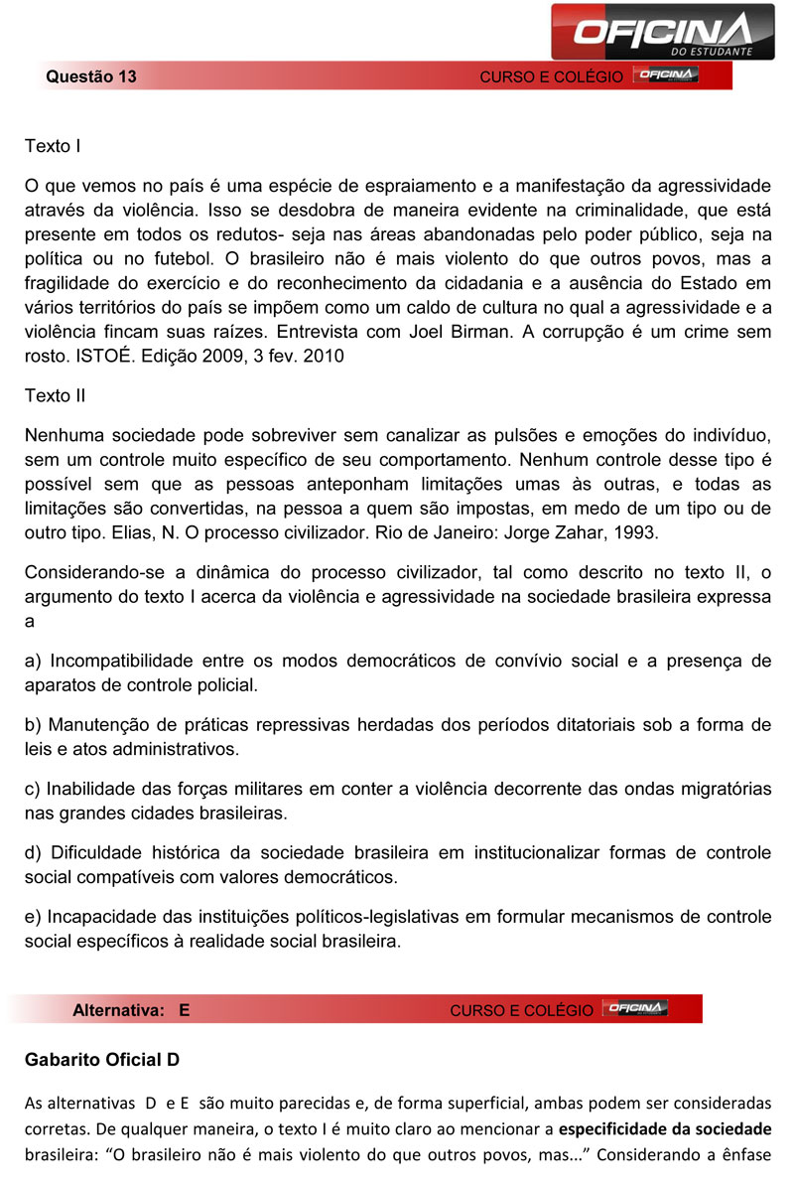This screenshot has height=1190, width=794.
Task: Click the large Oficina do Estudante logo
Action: point(662,31)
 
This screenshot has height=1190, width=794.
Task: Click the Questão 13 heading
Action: point(90,76)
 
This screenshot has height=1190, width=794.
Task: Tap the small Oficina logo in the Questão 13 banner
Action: point(667,75)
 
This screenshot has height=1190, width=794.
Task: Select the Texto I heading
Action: point(53,146)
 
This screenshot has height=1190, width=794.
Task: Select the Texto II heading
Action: point(55,395)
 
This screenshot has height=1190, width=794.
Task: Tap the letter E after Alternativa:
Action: point(184,1009)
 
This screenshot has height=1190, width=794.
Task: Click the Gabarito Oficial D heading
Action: point(102,1060)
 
